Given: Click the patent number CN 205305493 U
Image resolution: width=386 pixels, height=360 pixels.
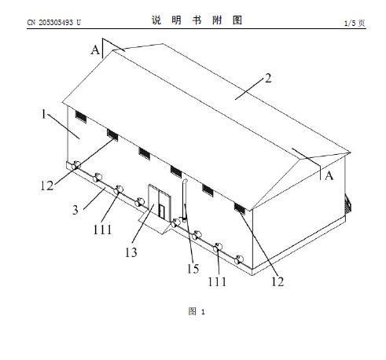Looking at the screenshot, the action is pyautogui.click(x=53, y=23).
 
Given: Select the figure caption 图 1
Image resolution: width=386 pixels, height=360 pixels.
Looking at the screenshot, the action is pyautogui.click(x=197, y=311).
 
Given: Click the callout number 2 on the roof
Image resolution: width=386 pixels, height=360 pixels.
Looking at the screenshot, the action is pyautogui.click(x=267, y=79).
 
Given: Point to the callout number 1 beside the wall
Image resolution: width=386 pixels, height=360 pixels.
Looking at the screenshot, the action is pyautogui.click(x=44, y=114).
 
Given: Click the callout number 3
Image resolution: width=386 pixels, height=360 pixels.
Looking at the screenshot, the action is pyautogui.click(x=75, y=210).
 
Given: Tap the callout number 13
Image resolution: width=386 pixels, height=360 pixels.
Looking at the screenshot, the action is pyautogui.click(x=131, y=252).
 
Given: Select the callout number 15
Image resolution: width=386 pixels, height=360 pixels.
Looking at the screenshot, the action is pyautogui.click(x=193, y=269).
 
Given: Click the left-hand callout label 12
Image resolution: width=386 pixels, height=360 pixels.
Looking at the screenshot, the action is pyautogui.click(x=47, y=186).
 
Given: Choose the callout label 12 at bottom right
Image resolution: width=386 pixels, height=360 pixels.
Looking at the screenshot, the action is pyautogui.click(x=278, y=281).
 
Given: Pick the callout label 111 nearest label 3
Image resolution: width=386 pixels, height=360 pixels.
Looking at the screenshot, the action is pyautogui.click(x=102, y=230).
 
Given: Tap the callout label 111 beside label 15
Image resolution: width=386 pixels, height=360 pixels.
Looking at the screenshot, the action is pyautogui.click(x=217, y=281).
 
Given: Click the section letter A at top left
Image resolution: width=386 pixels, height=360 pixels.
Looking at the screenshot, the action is pyautogui.click(x=95, y=50).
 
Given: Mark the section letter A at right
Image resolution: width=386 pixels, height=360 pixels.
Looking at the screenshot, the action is pyautogui.click(x=329, y=175).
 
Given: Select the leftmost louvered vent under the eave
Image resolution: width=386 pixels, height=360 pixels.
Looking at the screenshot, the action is pyautogui.click(x=81, y=116).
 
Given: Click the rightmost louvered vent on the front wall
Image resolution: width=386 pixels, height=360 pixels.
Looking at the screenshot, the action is pyautogui.click(x=240, y=208).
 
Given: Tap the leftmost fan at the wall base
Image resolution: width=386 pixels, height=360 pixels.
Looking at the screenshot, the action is pyautogui.click(x=76, y=165).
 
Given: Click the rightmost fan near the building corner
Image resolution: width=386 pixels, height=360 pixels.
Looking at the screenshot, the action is pyautogui.click(x=239, y=259).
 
